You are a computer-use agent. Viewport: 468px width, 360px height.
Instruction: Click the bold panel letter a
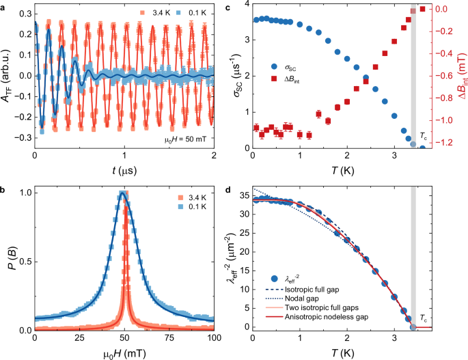[x=3, y=6]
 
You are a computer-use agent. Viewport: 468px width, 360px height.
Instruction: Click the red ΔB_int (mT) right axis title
[x=461, y=77]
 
